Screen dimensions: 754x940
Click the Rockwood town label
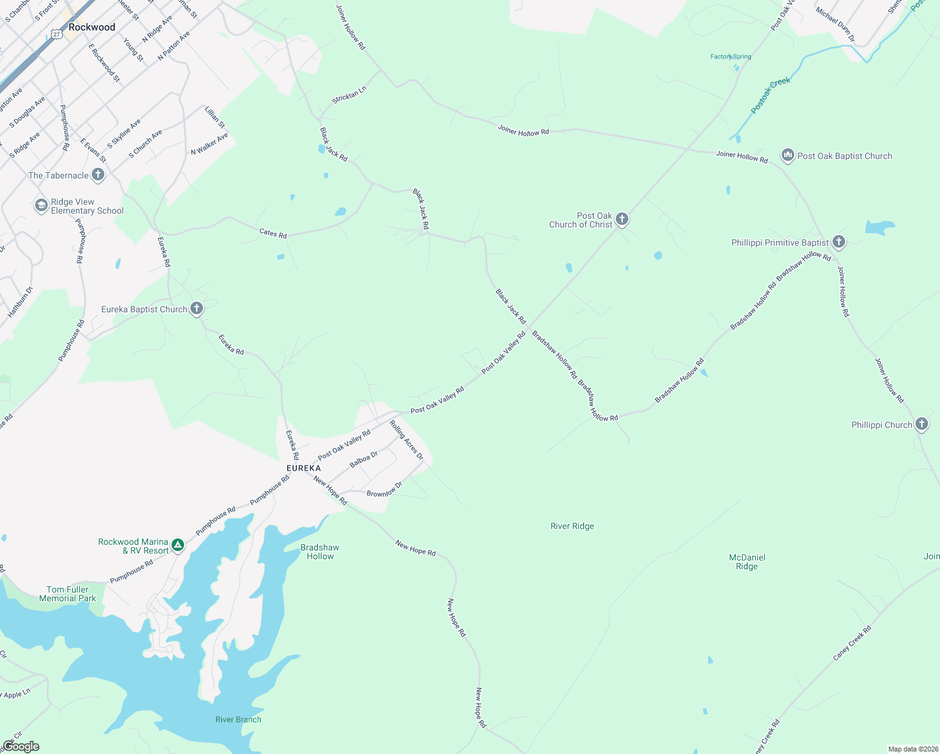click(x=92, y=27)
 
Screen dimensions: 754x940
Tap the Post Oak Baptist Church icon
click(x=787, y=155)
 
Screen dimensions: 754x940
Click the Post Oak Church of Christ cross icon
click(x=622, y=219)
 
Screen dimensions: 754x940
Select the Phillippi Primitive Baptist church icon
click(x=838, y=242)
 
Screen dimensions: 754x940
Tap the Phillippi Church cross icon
click(x=921, y=424)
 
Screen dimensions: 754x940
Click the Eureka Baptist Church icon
click(x=197, y=309)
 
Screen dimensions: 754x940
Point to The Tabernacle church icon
click(x=98, y=175)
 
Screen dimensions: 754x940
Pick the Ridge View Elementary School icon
click(x=41, y=205)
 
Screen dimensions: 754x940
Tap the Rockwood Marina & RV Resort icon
click(x=178, y=545)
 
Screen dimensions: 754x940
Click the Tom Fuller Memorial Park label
click(x=67, y=594)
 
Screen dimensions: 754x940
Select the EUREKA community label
click(x=303, y=468)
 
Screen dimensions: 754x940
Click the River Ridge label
click(x=572, y=526)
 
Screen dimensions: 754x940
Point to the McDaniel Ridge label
click(x=746, y=562)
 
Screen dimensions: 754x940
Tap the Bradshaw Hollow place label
click(x=320, y=552)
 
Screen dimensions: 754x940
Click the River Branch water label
click(x=238, y=719)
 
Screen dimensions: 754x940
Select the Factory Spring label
click(x=731, y=57)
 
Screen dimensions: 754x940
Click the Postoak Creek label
click(x=770, y=95)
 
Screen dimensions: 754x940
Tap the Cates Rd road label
click(x=273, y=233)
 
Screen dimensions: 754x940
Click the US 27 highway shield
click(x=57, y=35)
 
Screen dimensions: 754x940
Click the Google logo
click(x=21, y=746)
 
